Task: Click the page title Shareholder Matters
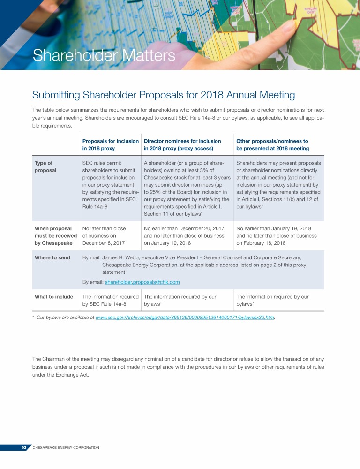104,56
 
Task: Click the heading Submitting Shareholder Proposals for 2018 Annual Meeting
163,95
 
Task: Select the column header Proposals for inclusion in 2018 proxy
111,144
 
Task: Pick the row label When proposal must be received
53,236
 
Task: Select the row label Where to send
52,257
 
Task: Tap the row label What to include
54,296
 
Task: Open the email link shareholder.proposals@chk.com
142,282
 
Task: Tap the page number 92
24,447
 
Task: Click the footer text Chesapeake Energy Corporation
66,447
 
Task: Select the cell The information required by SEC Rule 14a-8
111,300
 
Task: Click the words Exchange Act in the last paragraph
64,375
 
